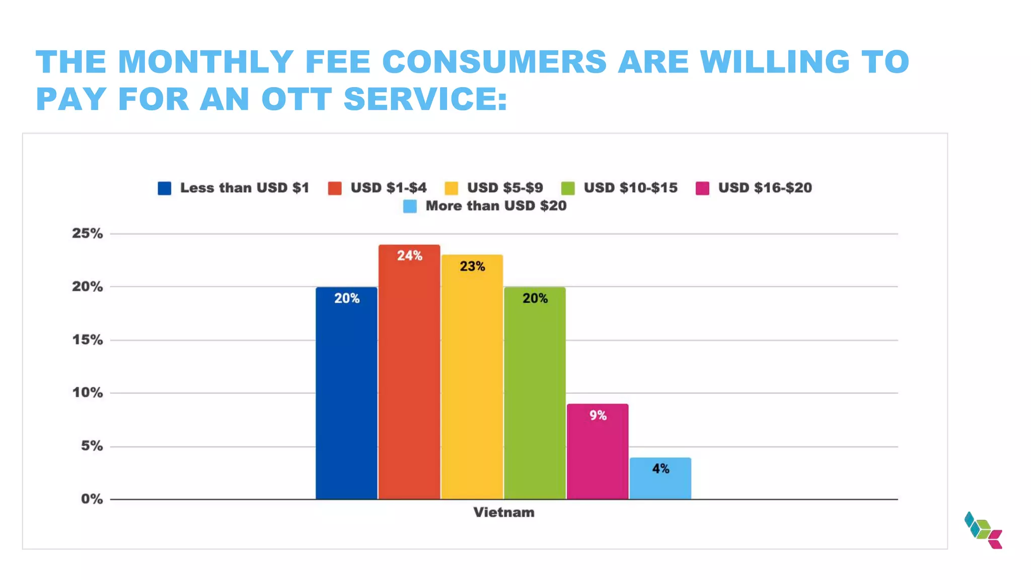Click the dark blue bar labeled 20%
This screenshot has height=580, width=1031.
(x=346, y=393)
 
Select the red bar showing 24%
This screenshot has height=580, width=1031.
(x=409, y=373)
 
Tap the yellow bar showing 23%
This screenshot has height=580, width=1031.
(x=472, y=378)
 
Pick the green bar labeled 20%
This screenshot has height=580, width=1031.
(x=535, y=393)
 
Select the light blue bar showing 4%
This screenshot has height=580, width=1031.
(x=660, y=478)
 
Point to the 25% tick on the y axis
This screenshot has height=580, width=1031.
(x=87, y=234)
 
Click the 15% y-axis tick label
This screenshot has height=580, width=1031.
(x=87, y=340)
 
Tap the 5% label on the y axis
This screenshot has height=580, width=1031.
(x=92, y=446)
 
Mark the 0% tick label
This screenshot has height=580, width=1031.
(x=92, y=499)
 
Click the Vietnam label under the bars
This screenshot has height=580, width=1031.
(x=503, y=513)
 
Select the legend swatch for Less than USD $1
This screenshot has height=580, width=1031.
(x=165, y=188)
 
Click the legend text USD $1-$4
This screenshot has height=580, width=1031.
(x=388, y=188)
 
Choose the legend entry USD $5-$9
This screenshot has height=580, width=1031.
(x=504, y=188)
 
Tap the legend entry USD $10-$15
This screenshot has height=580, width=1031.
(x=630, y=188)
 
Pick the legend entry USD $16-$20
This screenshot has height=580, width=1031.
(x=765, y=188)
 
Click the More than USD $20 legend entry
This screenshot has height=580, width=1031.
(x=496, y=206)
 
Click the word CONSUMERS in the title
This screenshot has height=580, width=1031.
(x=494, y=62)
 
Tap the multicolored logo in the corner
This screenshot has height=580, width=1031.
(x=983, y=530)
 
